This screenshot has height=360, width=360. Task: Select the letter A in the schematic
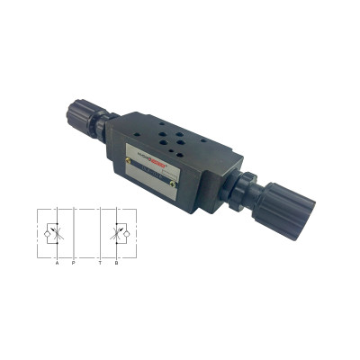click(x=57, y=263)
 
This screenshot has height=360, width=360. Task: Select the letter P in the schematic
click(x=73, y=263)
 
